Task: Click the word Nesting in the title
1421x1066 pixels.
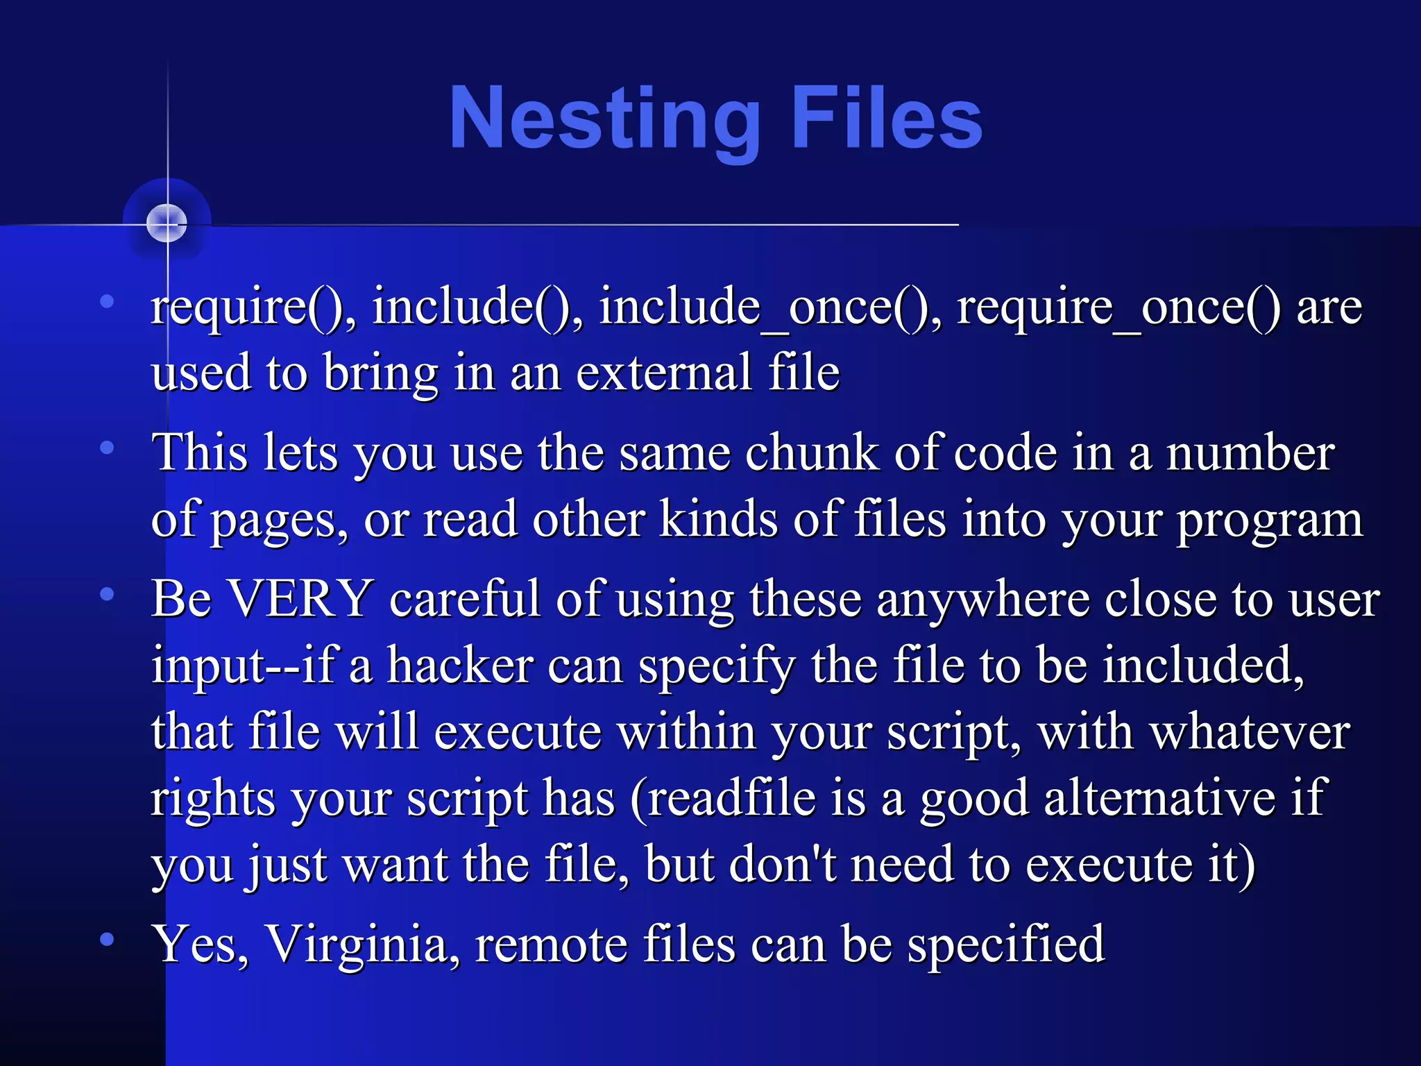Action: [604, 118]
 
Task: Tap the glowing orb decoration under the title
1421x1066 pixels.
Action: [167, 223]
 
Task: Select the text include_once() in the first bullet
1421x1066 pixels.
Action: [763, 307]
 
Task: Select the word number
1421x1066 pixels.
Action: [1250, 453]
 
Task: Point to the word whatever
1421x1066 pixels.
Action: [1250, 731]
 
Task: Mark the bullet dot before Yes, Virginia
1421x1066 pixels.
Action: [107, 940]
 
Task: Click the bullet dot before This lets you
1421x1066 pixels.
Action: [107, 448]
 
